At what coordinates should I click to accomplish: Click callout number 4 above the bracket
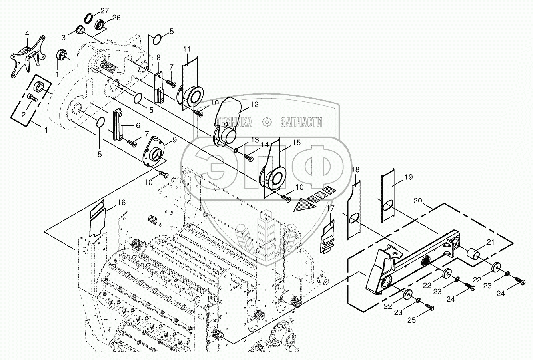click(x=27, y=34)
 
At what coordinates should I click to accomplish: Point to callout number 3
click(x=64, y=38)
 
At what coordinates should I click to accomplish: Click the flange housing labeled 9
click(x=154, y=151)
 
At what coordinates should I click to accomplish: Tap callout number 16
click(x=121, y=203)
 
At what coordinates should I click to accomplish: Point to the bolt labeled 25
click(x=429, y=307)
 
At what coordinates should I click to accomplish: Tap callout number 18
click(x=355, y=170)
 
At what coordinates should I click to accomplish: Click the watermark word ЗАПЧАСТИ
click(x=301, y=122)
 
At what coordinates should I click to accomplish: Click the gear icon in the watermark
click(x=266, y=122)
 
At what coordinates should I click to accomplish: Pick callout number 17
click(x=330, y=208)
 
